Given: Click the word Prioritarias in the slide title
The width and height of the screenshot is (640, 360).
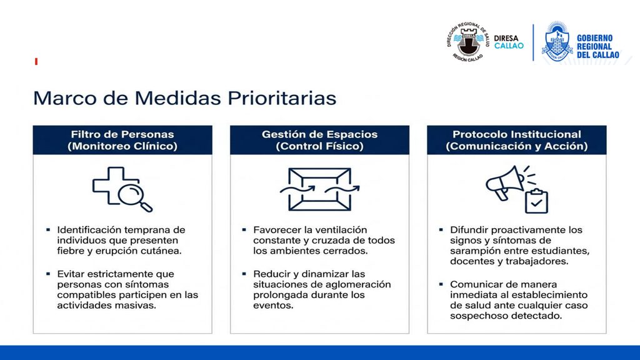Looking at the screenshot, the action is coord(282,98).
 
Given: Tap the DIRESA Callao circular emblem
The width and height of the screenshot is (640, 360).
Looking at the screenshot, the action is coord(467,42).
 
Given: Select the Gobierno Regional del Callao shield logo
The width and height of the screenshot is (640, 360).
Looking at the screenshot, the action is coord(557,42).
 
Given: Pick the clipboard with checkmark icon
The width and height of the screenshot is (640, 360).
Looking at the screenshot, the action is coord(536,201).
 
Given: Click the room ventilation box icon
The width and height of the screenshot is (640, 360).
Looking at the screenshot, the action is coord(319,189).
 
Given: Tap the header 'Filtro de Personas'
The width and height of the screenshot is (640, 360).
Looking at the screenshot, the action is coord(122,134).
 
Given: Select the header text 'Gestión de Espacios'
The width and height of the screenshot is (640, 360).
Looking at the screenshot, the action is coord(319,134).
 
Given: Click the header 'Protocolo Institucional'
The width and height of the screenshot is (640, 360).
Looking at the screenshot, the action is coord(517,134).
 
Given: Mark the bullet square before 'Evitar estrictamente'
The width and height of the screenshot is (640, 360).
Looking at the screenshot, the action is coord(48,274).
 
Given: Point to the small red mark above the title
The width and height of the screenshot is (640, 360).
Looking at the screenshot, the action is coord(36,62).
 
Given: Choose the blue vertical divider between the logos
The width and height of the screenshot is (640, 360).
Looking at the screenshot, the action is coord(533,42).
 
